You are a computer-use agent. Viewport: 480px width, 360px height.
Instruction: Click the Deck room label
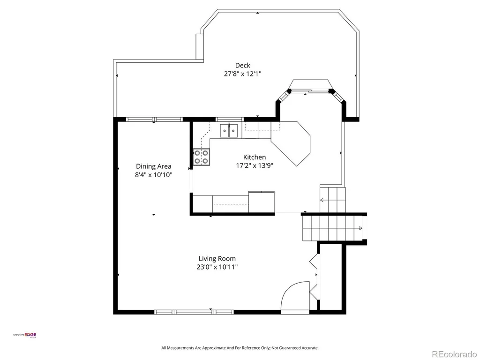(242, 65)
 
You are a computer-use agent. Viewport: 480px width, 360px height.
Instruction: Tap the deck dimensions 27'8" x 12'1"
(242, 74)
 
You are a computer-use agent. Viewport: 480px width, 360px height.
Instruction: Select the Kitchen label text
(255, 157)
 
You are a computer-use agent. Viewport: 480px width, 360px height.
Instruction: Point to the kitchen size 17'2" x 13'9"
(255, 165)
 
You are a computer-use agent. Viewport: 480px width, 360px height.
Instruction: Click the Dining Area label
(153, 166)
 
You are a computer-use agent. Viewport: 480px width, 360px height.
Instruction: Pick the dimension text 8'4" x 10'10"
(153, 175)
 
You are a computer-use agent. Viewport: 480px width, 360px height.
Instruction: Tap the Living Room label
(217, 259)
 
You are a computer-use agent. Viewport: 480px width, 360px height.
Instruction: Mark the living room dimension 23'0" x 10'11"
(217, 267)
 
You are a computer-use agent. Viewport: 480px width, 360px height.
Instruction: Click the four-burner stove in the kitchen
(202, 157)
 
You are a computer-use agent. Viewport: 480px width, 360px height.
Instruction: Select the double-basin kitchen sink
(229, 131)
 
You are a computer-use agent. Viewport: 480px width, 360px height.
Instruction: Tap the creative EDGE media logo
(24, 335)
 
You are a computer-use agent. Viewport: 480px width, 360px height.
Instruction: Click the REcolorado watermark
(455, 354)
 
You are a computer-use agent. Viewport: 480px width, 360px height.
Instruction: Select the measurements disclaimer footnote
(240, 348)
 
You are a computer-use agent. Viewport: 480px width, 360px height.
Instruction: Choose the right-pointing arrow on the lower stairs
(360, 228)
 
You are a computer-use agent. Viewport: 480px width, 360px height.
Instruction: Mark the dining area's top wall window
(155, 120)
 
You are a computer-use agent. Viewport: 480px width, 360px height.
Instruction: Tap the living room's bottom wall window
(194, 312)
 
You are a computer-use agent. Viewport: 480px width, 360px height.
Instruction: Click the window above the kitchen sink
(230, 120)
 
